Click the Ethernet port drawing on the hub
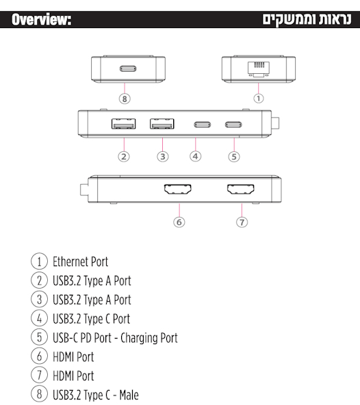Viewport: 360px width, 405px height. [259, 69]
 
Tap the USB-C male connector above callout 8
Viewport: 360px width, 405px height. [128, 68]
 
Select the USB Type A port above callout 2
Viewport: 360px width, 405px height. [123, 124]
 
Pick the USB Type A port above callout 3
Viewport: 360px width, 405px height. [162, 124]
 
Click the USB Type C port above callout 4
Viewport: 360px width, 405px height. [203, 125]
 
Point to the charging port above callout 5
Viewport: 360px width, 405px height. [233, 125]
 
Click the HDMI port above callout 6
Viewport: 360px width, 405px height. [178, 190]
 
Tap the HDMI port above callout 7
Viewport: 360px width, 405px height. [241, 190]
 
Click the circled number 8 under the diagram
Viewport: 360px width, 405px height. [125, 99]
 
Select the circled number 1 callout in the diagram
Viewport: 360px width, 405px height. [259, 98]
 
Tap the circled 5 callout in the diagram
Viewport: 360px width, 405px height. [234, 157]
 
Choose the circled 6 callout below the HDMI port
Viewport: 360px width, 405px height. [179, 222]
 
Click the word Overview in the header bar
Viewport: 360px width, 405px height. [41, 20]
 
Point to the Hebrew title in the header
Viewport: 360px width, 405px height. [307, 20]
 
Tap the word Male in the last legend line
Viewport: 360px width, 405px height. [129, 395]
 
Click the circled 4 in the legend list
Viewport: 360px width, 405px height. [39, 318]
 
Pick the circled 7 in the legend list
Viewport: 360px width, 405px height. [39, 376]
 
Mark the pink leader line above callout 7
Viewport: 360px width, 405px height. [242, 210]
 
